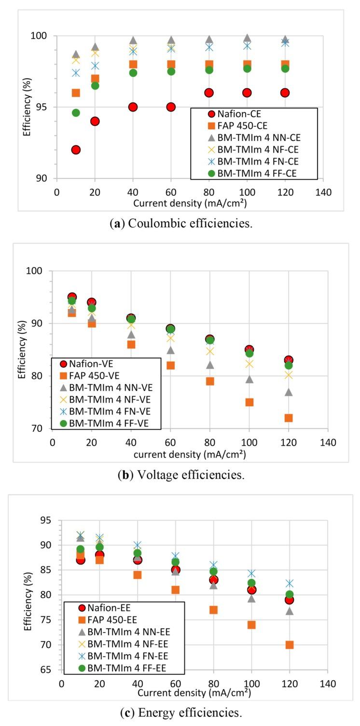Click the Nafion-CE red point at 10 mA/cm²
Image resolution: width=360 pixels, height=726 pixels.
click(x=76, y=150)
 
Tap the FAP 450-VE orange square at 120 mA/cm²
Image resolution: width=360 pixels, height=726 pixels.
click(x=289, y=418)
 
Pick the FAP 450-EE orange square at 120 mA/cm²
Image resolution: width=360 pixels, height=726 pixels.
click(x=290, y=644)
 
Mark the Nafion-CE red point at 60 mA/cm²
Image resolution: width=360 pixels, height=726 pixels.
click(x=171, y=107)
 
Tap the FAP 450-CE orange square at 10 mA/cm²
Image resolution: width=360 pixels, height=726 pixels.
click(x=76, y=93)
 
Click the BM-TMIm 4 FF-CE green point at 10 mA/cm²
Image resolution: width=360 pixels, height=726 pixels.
click(x=76, y=113)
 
